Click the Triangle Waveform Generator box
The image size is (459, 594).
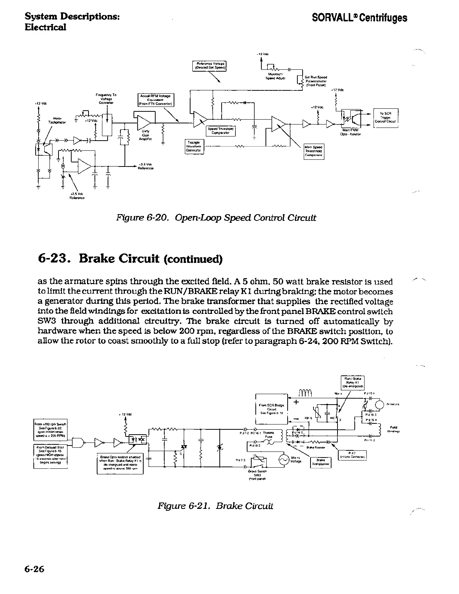[193, 146]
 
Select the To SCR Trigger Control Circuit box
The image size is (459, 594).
[385, 118]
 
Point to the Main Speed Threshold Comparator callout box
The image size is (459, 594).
[314, 151]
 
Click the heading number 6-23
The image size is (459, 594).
[55, 258]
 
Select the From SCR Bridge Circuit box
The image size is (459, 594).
[271, 408]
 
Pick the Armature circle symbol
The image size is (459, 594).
[380, 405]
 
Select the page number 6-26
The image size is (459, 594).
[34, 569]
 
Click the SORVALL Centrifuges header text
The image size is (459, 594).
[360, 18]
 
